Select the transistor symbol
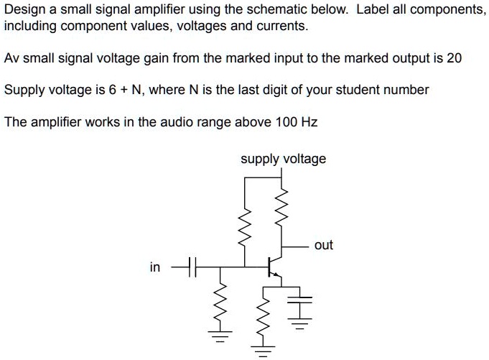272,267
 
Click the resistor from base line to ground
222,306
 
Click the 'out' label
324,245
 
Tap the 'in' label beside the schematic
154,268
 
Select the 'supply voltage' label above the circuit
283,159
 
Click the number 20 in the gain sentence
454,58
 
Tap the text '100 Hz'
297,121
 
